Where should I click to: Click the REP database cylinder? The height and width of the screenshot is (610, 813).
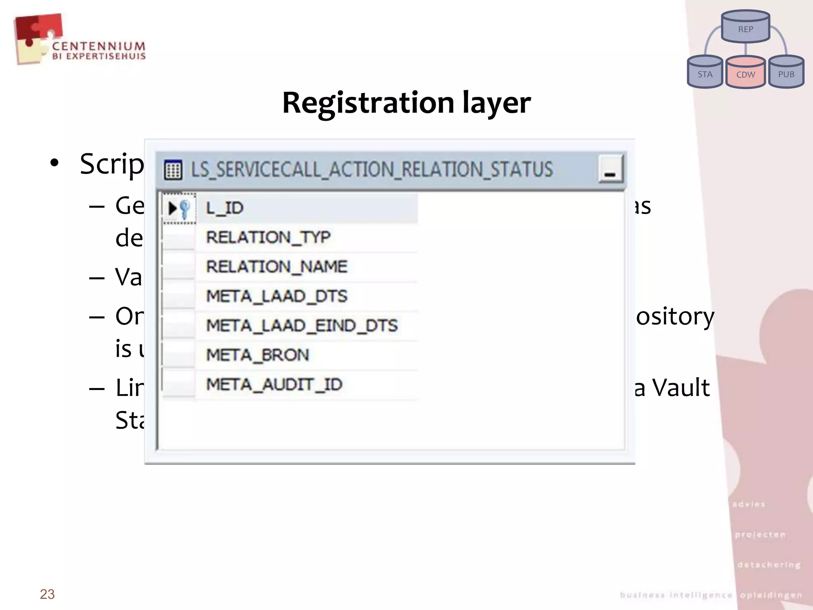click(x=746, y=27)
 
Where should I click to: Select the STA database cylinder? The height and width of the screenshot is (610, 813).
click(x=705, y=73)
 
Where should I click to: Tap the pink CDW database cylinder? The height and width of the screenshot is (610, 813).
click(x=746, y=73)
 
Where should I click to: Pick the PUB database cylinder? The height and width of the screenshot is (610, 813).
click(x=786, y=73)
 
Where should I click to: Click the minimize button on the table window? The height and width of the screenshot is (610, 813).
click(x=610, y=170)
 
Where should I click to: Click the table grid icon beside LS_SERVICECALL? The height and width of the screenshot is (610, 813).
click(x=173, y=170)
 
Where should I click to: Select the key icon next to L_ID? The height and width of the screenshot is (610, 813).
click(x=184, y=208)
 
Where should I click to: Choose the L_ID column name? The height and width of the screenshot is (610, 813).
click(x=225, y=208)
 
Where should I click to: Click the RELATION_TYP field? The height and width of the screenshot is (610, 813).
click(x=268, y=237)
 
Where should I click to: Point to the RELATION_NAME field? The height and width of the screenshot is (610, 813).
click(x=277, y=266)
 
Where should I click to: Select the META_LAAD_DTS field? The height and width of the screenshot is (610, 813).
click(x=277, y=296)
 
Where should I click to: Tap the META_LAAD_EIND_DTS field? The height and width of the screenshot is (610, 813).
click(x=302, y=326)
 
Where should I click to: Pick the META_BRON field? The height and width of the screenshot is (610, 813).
click(x=258, y=355)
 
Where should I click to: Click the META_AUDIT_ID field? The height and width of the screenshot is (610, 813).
click(x=274, y=384)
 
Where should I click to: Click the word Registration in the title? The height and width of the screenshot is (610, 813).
click(x=368, y=103)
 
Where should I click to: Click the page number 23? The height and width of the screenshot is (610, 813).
click(x=47, y=594)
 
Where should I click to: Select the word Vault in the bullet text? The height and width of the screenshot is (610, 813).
click(x=681, y=388)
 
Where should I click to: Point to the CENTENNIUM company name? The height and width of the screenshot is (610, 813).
click(x=99, y=46)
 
